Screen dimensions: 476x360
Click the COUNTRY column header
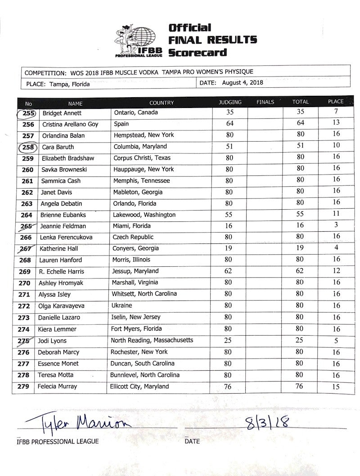coord(161,103)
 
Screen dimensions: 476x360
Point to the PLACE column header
coord(335,102)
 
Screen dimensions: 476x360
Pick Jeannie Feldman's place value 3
coord(336,225)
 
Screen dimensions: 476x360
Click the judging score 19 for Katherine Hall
coord(229,248)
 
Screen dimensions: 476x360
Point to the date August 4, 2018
coord(243,83)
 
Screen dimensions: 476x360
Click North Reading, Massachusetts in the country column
coord(152,340)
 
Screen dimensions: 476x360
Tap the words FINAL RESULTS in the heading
coord(212,40)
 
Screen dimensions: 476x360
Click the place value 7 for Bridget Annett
coord(336,111)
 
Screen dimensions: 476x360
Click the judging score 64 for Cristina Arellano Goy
coord(229,123)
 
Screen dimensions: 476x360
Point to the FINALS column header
coord(265,102)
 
